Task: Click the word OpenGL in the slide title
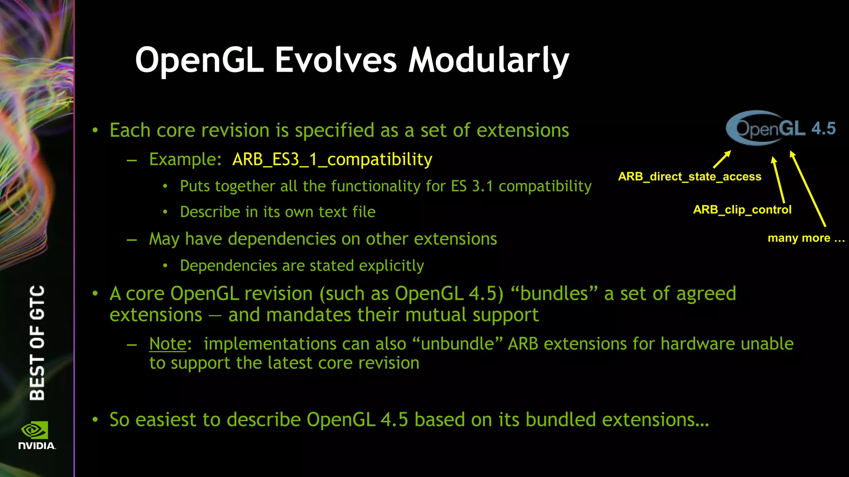(x=199, y=60)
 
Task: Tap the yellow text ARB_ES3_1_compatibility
(x=332, y=159)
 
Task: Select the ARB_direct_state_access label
(x=689, y=177)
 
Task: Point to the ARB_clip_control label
(x=742, y=210)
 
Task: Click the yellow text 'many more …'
(x=805, y=238)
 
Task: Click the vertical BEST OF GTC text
(x=37, y=342)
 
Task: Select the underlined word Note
(x=168, y=344)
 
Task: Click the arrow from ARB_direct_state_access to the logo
(x=722, y=159)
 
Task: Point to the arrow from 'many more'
(x=808, y=188)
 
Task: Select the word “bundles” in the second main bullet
(x=554, y=294)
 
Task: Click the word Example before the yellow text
(x=185, y=159)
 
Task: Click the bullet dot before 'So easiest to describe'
(x=95, y=420)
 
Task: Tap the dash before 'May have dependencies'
(x=132, y=239)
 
